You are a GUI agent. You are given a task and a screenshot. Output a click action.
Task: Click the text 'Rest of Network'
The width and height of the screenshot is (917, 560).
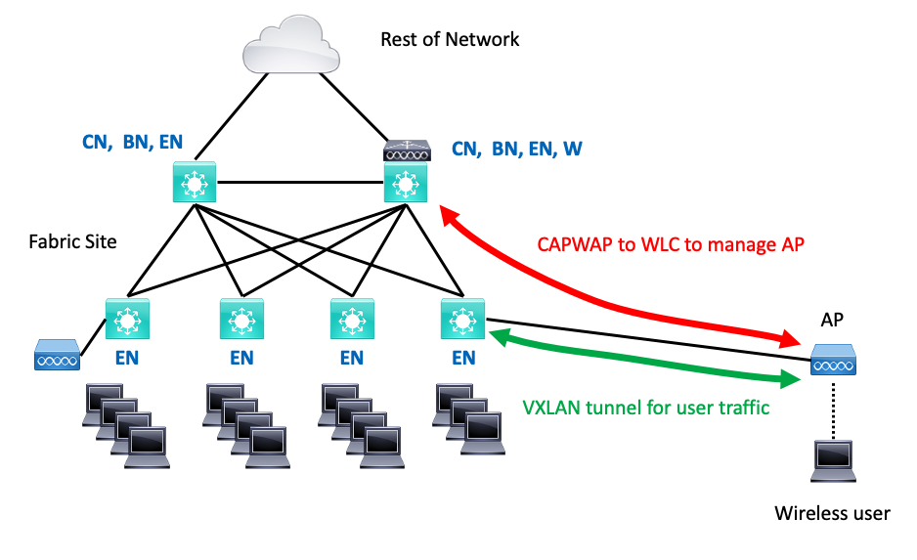(450, 40)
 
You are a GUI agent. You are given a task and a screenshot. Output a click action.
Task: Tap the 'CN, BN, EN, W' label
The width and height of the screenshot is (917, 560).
(517, 149)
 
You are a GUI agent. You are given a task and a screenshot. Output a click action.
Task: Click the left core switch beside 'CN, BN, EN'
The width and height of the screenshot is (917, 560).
(195, 183)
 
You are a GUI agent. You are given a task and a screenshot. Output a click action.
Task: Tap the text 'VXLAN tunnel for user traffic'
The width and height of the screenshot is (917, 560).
(644, 407)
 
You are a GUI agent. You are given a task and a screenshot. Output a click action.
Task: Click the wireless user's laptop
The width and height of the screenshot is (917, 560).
(832, 462)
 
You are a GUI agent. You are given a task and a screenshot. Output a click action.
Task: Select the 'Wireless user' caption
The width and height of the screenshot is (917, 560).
(832, 513)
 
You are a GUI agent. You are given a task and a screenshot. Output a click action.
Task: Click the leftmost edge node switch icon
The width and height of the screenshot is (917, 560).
(126, 319)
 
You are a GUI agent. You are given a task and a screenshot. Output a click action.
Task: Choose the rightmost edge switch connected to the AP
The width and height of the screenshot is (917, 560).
(461, 320)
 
